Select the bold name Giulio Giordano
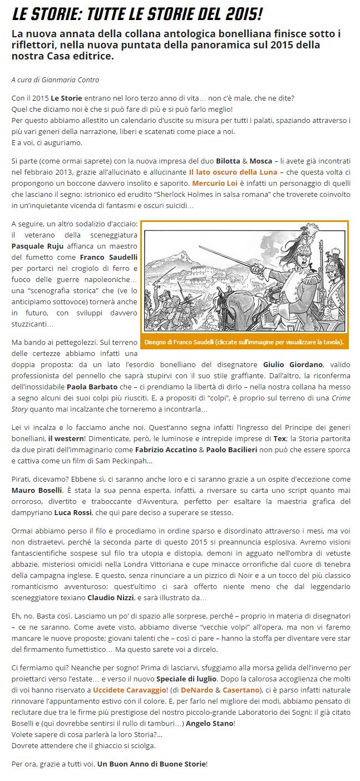[x=293, y=364]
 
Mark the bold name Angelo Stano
[x=209, y=723]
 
